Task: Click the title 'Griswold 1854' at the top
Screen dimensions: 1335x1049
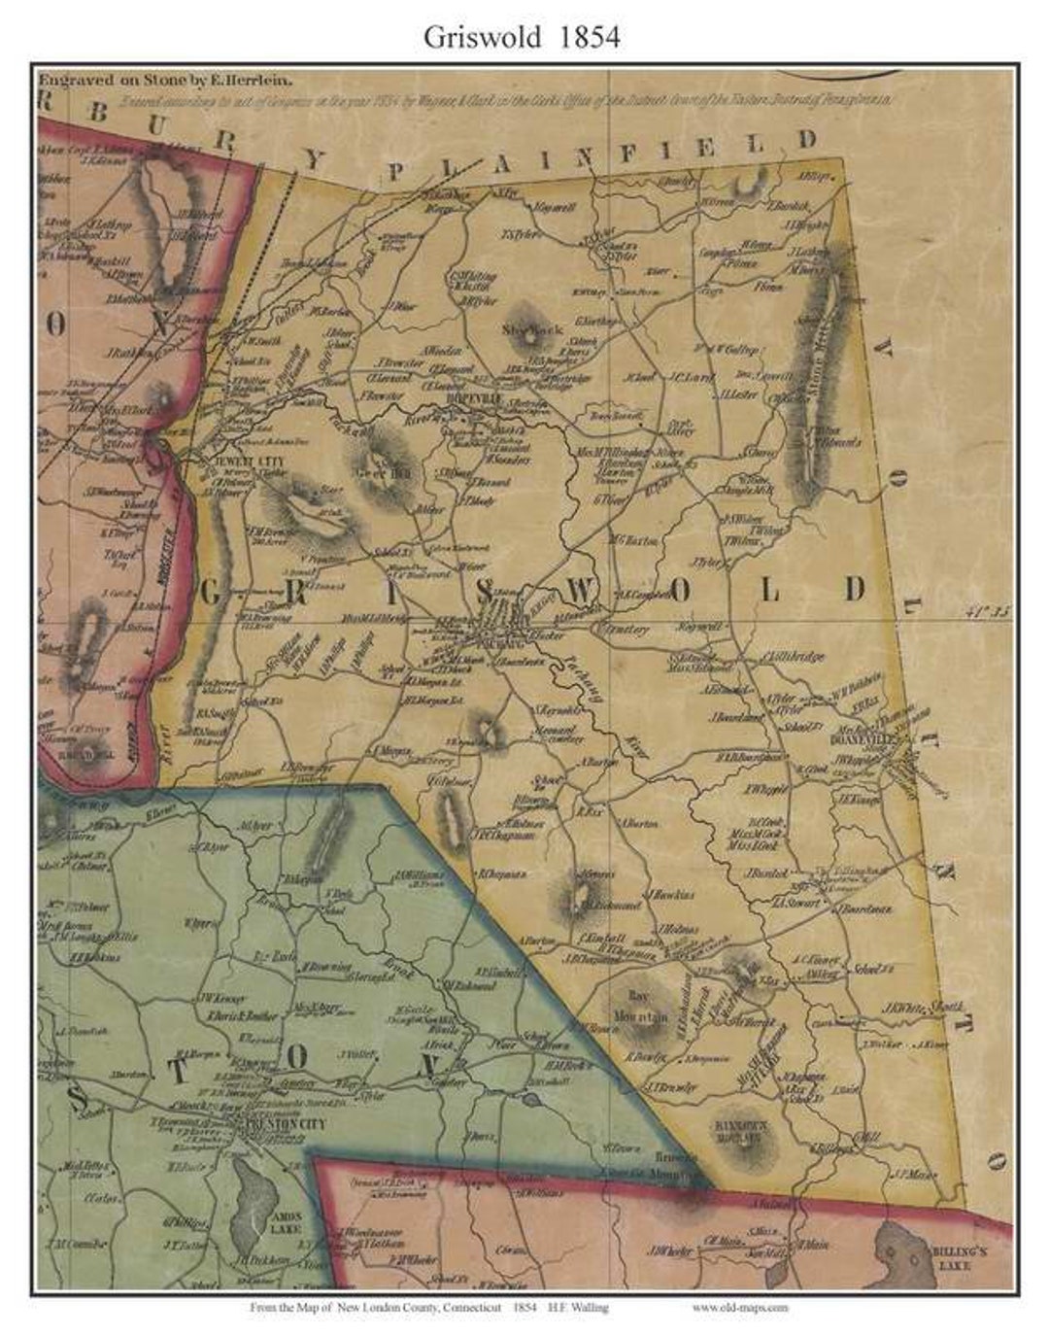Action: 522,36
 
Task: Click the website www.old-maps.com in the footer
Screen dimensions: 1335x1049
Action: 740,1308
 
